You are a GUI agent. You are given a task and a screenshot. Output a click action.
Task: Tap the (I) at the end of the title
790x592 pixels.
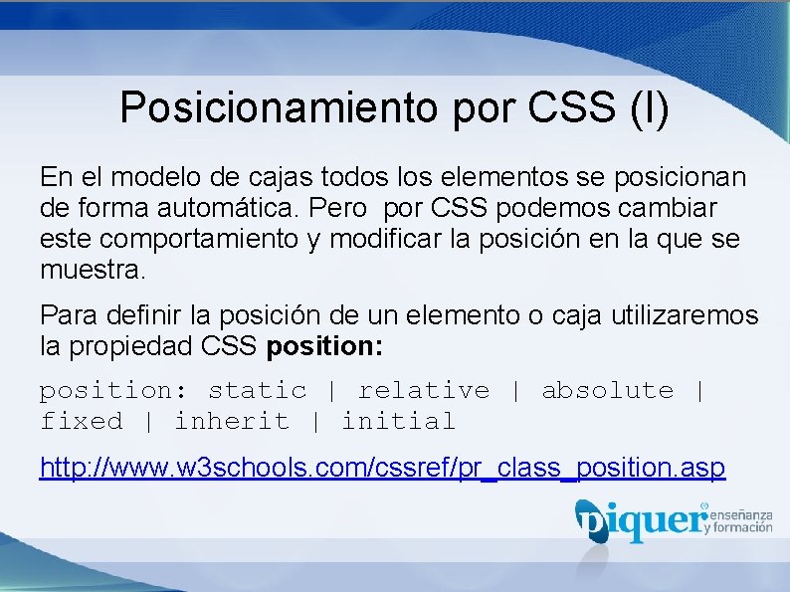650,107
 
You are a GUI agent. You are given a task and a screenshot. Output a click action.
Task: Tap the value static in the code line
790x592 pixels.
257,391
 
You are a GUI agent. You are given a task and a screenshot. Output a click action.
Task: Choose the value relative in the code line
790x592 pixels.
423,391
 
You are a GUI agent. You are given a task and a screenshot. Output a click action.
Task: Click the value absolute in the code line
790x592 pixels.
607,391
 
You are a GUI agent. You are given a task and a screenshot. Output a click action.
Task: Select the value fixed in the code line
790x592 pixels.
82,422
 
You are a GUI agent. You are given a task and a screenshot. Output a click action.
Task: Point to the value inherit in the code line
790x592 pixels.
231,422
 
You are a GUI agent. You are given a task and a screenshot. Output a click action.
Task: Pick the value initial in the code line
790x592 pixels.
398,422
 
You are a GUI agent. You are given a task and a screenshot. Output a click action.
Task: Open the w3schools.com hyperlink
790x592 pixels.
382,467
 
